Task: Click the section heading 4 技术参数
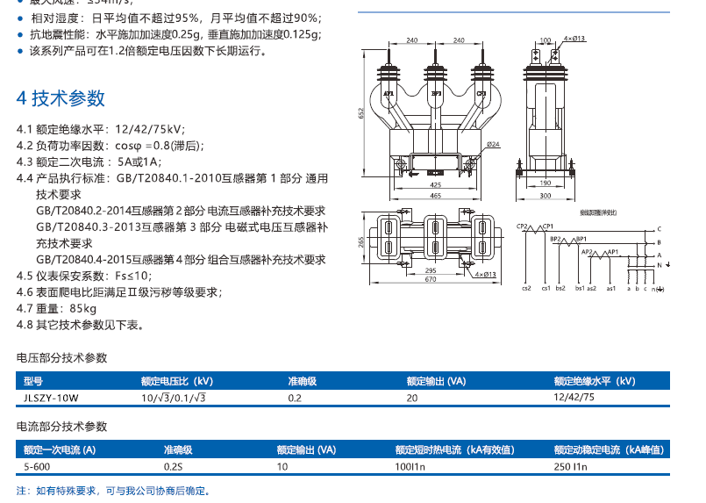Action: click(61, 97)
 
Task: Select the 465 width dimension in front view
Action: click(435, 195)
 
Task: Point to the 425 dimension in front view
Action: click(435, 185)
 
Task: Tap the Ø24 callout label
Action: click(493, 144)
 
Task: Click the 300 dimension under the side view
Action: click(545, 195)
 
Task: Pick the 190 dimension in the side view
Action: click(545, 183)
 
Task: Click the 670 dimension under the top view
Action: click(431, 280)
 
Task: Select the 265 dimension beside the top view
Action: click(360, 241)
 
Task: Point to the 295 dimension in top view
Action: click(431, 270)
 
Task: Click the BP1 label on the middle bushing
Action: click(436, 91)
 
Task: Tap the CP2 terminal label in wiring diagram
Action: click(523, 226)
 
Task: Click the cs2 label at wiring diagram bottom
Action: click(526, 288)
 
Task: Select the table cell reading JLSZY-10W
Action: click(51, 397)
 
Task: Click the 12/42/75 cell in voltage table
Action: click(574, 397)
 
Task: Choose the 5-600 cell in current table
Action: click(37, 466)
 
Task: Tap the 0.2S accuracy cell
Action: click(173, 466)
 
